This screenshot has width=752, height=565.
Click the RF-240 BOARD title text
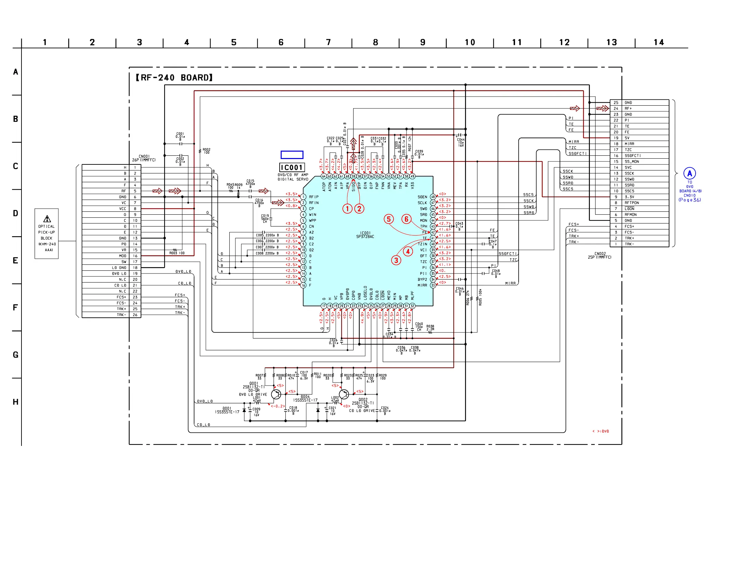point(174,78)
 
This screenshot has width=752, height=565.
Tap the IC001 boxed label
point(292,167)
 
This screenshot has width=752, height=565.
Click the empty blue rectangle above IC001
point(292,155)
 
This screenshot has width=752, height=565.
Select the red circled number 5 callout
point(388,219)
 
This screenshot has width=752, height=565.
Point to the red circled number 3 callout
point(396,260)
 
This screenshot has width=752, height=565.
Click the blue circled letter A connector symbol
point(690,173)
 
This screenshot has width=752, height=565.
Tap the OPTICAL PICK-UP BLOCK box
point(47,234)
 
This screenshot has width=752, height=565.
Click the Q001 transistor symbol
point(276,395)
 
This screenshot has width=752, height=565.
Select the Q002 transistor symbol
point(344,395)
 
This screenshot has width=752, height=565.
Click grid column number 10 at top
point(470,43)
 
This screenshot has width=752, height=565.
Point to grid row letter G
point(16,355)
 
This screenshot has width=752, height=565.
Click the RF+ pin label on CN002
point(628,109)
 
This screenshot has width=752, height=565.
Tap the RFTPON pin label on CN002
point(631,203)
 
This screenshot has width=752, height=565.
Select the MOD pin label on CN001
point(123,256)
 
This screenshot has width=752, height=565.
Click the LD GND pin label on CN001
point(119,268)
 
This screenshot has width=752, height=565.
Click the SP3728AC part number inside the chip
point(365,237)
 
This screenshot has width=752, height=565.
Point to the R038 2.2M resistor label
point(430,327)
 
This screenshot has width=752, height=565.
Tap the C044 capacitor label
point(461,142)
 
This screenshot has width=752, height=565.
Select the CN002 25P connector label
point(599,255)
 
